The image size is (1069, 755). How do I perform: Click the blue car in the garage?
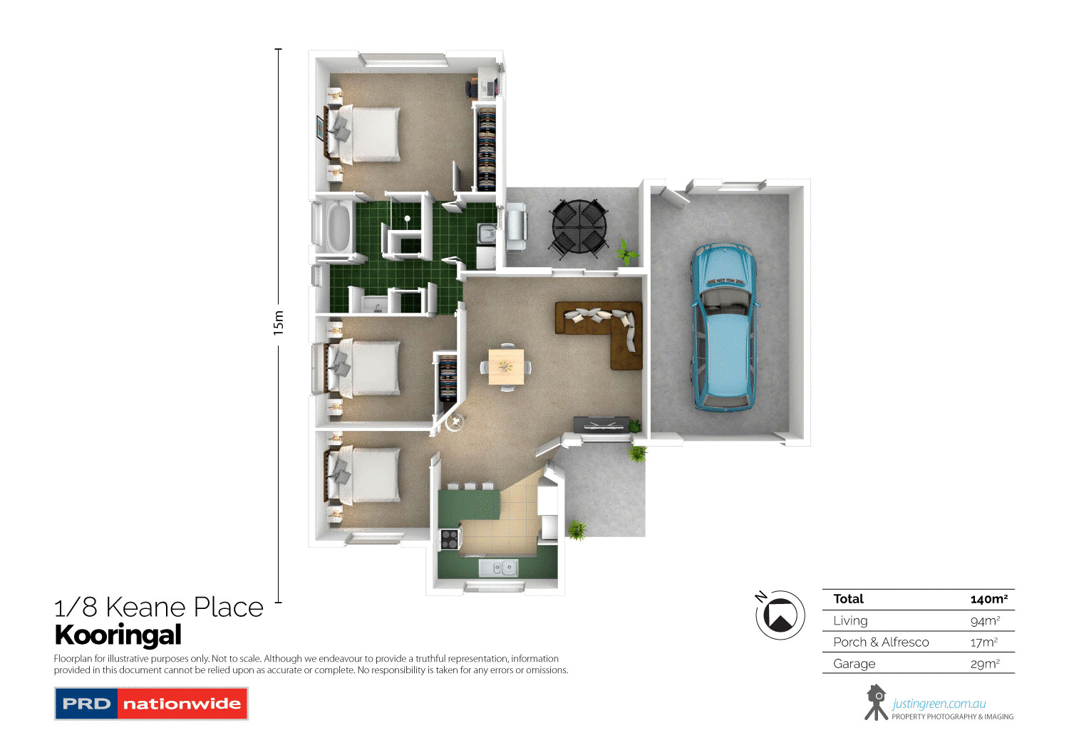click(723, 328)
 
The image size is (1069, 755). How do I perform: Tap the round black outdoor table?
click(579, 228)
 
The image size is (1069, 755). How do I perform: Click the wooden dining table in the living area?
click(506, 366)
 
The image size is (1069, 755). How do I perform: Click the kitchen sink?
click(498, 568)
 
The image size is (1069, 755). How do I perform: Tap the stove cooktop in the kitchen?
click(449, 540)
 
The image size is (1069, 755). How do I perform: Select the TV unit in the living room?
click(601, 424)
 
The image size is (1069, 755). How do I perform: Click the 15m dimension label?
click(278, 323)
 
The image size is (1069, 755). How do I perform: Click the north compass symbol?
click(780, 615)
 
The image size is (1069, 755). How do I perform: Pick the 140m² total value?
click(988, 599)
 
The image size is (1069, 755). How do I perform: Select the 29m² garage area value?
click(985, 664)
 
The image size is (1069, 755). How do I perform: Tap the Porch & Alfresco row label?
click(881, 642)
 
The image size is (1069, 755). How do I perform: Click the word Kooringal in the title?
click(118, 635)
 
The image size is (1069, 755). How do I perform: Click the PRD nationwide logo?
click(151, 704)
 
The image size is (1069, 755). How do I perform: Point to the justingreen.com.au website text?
click(939, 704)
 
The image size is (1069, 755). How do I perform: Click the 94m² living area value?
click(985, 620)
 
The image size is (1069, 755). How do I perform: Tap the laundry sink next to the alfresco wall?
click(487, 233)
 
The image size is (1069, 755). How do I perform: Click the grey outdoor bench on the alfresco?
click(515, 226)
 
